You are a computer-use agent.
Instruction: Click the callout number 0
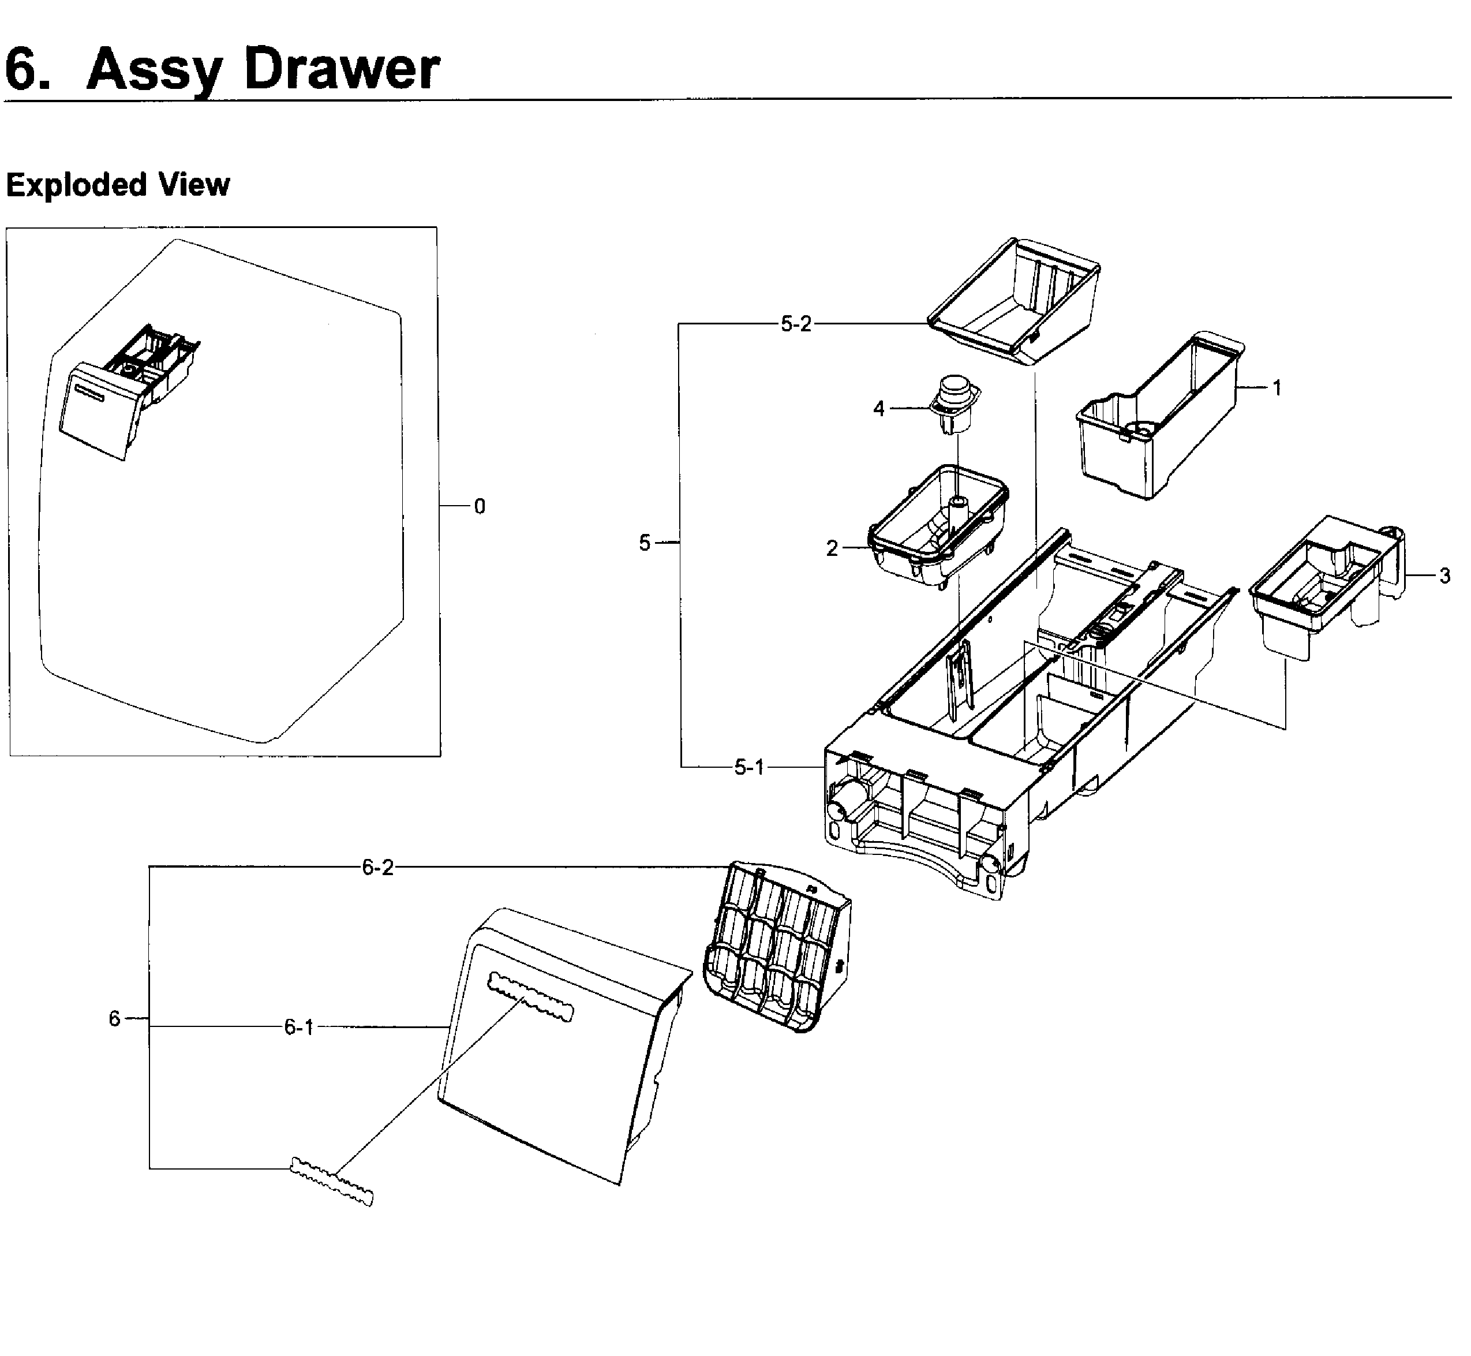[479, 506]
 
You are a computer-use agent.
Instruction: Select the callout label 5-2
[796, 324]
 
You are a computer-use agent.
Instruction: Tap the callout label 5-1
[749, 768]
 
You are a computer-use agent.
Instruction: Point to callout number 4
[878, 409]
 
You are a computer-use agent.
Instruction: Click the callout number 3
[1444, 576]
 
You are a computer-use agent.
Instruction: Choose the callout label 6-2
[378, 868]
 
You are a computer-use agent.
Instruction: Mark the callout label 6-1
[298, 1028]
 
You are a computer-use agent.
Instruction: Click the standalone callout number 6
[114, 1018]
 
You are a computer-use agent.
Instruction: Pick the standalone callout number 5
[644, 543]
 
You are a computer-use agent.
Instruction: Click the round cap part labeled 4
[954, 403]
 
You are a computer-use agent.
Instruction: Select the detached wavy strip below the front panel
[332, 1181]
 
